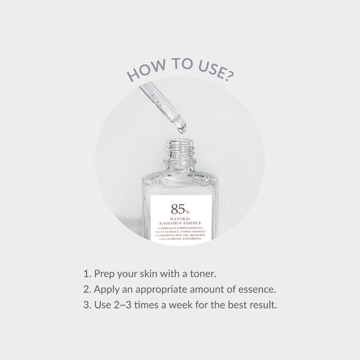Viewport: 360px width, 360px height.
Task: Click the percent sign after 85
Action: tap(188, 212)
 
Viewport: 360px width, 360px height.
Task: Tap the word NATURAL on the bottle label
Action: tap(180, 219)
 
